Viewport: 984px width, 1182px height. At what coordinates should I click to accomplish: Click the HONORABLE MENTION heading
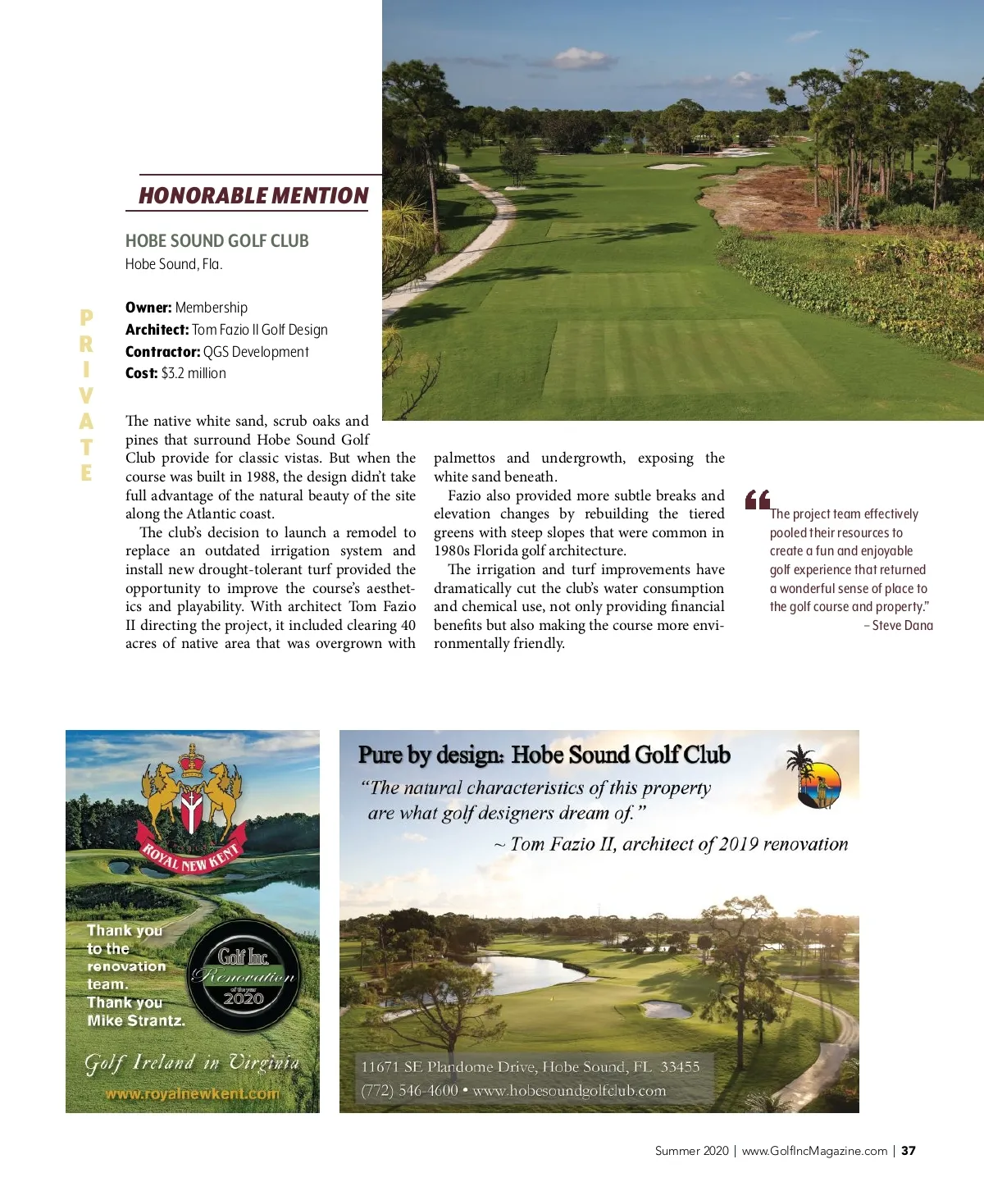(253, 195)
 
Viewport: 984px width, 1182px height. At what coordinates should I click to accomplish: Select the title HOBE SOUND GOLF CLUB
(216, 241)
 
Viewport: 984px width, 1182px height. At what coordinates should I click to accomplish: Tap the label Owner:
(148, 308)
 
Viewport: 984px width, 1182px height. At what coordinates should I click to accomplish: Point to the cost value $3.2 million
(194, 373)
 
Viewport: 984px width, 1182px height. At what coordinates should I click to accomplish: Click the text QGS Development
(256, 352)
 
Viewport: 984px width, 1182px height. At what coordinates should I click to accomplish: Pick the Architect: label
(157, 330)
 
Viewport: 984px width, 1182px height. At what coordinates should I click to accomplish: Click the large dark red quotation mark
(757, 500)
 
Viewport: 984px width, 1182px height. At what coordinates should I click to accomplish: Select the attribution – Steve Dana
(898, 626)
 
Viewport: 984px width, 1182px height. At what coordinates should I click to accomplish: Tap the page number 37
(909, 1151)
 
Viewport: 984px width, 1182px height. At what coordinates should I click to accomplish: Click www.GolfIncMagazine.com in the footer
(814, 1151)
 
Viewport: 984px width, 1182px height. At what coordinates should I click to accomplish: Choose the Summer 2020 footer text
(691, 1151)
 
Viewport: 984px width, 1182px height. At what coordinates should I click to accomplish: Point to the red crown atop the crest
(192, 759)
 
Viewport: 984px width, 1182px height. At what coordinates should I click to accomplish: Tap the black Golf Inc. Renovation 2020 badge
(244, 974)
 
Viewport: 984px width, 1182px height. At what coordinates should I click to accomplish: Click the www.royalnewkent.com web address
(192, 1093)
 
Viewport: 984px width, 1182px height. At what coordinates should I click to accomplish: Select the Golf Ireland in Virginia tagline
(192, 1063)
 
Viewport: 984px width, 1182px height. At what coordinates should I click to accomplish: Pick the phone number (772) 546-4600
(409, 1091)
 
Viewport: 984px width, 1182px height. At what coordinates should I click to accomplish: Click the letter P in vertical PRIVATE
(86, 318)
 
